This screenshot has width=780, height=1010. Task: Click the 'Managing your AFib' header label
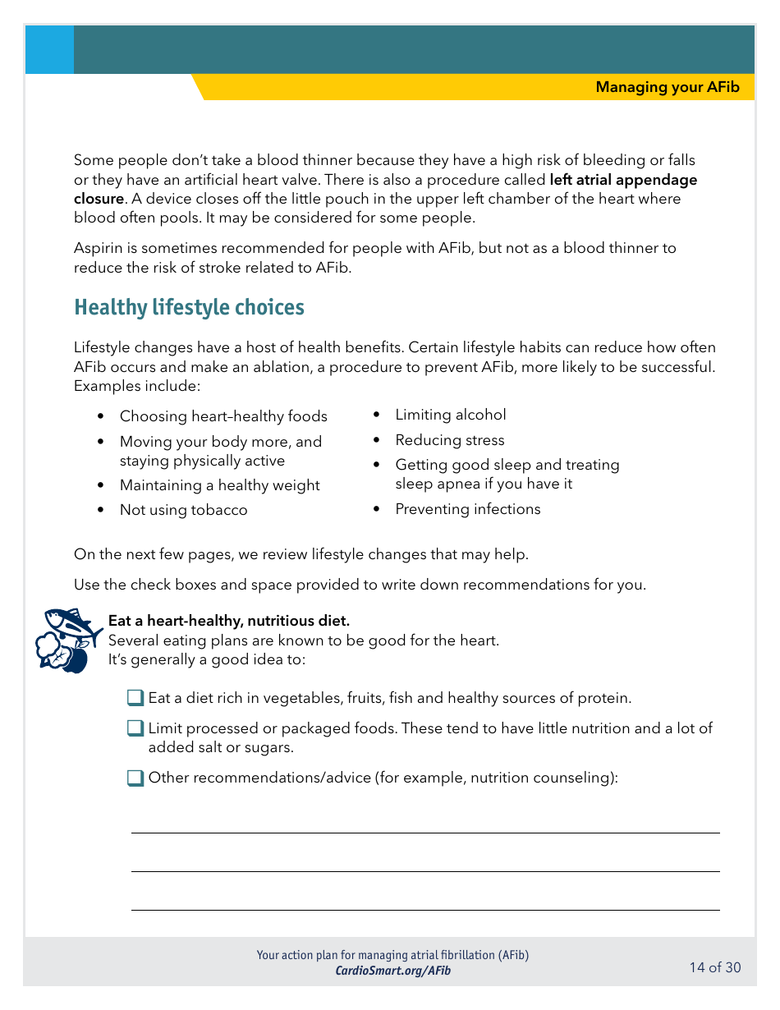[667, 87]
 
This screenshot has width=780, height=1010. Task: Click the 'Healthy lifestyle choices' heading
[189, 307]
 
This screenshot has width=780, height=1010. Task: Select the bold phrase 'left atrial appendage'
[622, 180]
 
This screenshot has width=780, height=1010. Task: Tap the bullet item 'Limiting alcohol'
[450, 415]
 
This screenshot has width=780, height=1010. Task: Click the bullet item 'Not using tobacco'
[183, 510]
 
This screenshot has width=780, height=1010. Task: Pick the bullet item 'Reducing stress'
[449, 440]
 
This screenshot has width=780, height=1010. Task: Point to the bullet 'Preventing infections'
[467, 509]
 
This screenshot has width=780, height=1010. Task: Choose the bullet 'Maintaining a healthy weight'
[219, 485]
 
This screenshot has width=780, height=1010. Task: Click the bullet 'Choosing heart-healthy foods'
[223, 416]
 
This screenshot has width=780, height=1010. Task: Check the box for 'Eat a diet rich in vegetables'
[135, 698]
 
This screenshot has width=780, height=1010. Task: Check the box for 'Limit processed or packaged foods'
[135, 728]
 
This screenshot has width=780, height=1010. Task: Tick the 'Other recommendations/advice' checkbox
[135, 778]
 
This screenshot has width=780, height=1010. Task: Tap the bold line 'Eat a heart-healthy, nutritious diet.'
[228, 621]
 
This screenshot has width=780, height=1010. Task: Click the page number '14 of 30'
[714, 967]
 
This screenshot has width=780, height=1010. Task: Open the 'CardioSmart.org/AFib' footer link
[392, 971]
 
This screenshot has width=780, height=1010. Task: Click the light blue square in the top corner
[49, 50]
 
